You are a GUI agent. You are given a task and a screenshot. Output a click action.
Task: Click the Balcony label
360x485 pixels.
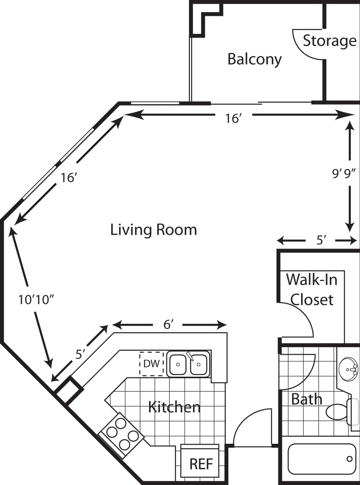tap(255, 59)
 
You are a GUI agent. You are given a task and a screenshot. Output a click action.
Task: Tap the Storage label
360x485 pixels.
tap(329, 41)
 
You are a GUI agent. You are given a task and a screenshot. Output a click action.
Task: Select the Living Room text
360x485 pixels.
tap(154, 230)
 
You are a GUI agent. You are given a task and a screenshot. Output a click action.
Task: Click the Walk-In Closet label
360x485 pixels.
tap(312, 289)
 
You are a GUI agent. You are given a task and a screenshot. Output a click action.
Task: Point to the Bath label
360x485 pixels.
tap(307, 399)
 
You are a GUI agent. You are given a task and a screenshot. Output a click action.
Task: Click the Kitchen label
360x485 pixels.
tap(174, 407)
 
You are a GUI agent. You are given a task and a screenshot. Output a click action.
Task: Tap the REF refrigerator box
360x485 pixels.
tap(201, 464)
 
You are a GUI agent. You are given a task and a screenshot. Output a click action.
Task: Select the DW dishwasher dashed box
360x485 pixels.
tap(152, 364)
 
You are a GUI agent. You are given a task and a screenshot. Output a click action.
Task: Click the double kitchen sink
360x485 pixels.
tap(188, 364)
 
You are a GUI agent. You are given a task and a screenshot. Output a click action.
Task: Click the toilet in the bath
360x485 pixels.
tap(339, 411)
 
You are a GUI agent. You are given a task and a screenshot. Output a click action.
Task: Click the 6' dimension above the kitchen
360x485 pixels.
tap(168, 325)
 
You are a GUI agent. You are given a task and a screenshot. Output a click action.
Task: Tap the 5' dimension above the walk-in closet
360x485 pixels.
tap(321, 241)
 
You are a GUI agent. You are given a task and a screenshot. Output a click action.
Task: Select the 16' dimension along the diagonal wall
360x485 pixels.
tap(69, 177)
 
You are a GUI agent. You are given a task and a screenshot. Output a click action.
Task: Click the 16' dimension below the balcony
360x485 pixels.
tap(233, 118)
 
